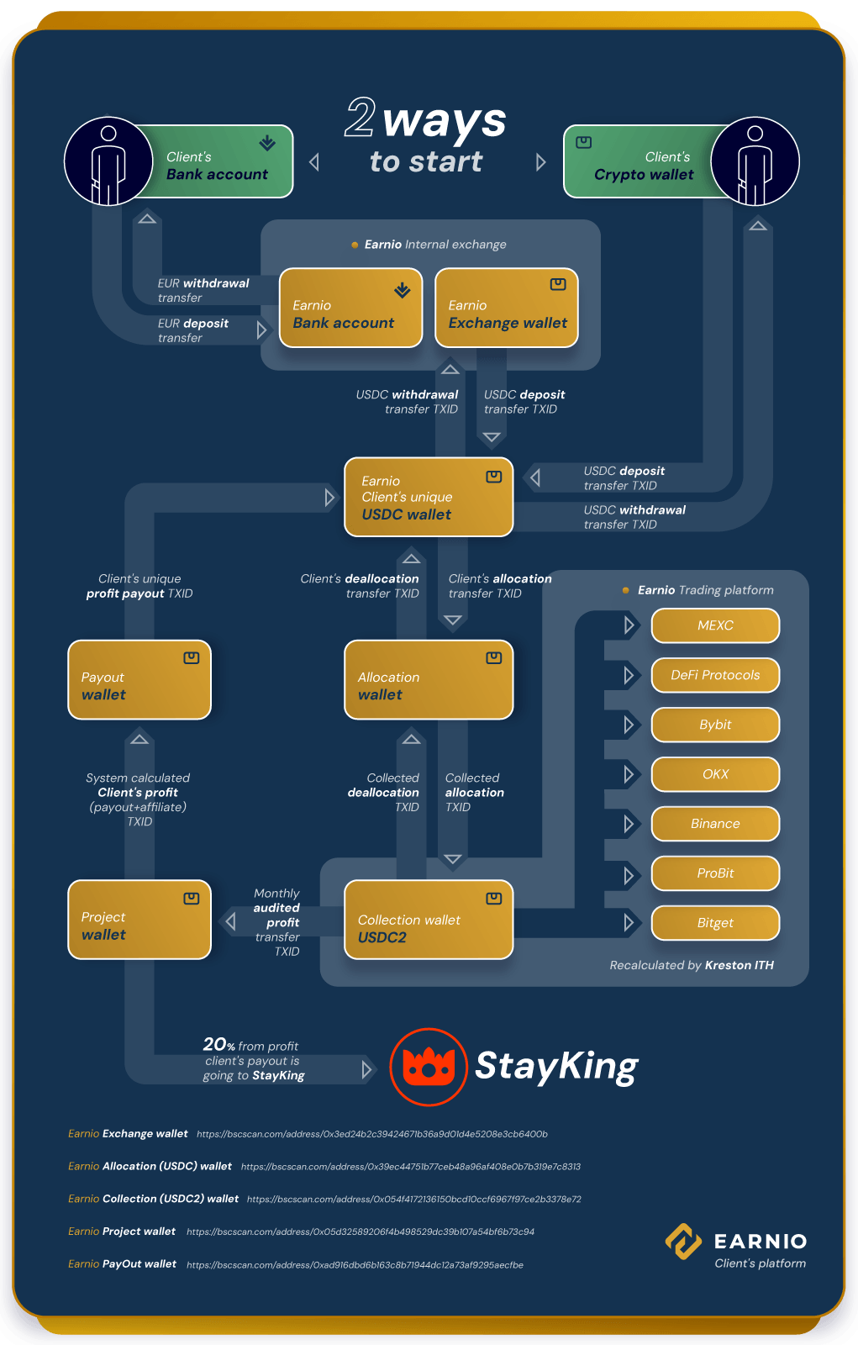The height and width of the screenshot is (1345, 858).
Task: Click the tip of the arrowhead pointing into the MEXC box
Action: pos(634,625)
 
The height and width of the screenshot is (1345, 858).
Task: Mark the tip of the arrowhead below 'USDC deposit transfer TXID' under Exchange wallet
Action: pos(492,442)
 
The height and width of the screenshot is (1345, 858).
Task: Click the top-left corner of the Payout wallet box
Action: pos(68,641)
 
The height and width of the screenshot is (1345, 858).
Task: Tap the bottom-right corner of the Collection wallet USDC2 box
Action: pos(513,959)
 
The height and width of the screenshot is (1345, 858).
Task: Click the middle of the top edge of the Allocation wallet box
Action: pos(429,641)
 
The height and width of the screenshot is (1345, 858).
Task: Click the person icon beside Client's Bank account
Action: pos(108,161)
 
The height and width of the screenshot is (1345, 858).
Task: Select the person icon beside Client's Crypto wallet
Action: pos(755,161)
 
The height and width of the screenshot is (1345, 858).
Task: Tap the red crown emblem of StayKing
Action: pos(429,1067)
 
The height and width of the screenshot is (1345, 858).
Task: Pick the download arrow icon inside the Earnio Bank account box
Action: pos(403,291)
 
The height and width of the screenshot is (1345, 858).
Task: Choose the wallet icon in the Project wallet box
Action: pos(192,899)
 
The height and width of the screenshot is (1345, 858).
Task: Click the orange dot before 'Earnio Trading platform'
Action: pos(625,590)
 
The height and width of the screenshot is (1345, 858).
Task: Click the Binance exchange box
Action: pos(715,824)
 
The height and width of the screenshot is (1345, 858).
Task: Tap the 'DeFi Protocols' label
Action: pos(715,675)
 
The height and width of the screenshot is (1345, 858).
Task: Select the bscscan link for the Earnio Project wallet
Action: pos(361,1232)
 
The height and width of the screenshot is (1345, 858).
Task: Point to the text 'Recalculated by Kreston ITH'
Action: pos(692,965)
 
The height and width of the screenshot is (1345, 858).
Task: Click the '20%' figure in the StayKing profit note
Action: pos(218,1044)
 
